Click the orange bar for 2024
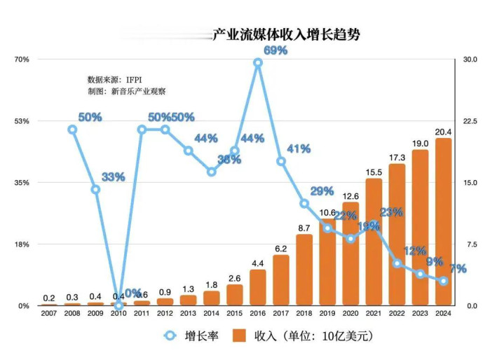[443, 222]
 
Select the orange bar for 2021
[374, 242]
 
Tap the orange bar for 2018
[304, 270]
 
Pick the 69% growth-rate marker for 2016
[258, 63]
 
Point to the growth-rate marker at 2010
[119, 305]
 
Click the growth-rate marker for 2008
[72, 130]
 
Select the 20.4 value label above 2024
[443, 132]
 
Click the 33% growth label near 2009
[113, 177]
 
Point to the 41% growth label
[299, 148]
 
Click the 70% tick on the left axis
[22, 60]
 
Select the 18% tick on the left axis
[22, 244]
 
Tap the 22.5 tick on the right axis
[470, 121]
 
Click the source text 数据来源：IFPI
[119, 80]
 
